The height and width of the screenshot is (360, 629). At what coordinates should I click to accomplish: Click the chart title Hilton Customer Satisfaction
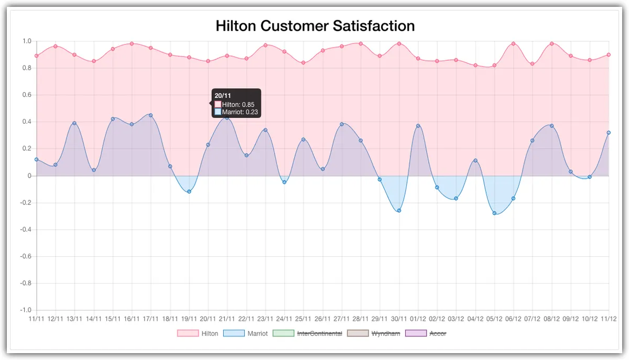click(315, 26)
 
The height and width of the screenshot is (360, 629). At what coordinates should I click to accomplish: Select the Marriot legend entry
click(245, 333)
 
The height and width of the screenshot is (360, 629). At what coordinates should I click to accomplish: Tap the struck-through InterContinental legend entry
click(308, 333)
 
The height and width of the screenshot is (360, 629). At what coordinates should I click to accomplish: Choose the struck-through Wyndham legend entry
click(374, 333)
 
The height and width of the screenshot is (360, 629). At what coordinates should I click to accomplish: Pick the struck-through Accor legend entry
click(427, 333)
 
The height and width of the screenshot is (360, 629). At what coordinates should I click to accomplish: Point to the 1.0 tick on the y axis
click(27, 41)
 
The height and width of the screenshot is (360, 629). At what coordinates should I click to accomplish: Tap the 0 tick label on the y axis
click(29, 176)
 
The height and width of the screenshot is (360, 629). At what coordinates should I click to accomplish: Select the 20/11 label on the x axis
click(208, 318)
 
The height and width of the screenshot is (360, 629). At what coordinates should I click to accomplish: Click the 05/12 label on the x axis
click(494, 318)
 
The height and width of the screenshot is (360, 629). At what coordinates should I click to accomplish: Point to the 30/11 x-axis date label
click(399, 318)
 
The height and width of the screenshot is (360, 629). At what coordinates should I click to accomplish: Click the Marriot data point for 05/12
click(494, 213)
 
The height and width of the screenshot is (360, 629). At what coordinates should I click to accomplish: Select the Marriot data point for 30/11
click(399, 211)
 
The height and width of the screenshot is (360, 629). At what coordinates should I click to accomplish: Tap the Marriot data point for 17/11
click(151, 115)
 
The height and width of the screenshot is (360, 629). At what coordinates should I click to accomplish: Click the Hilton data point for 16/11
click(132, 43)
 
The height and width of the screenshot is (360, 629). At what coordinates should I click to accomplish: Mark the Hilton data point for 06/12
click(513, 43)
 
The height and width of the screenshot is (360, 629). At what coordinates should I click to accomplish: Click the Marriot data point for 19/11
click(189, 191)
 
